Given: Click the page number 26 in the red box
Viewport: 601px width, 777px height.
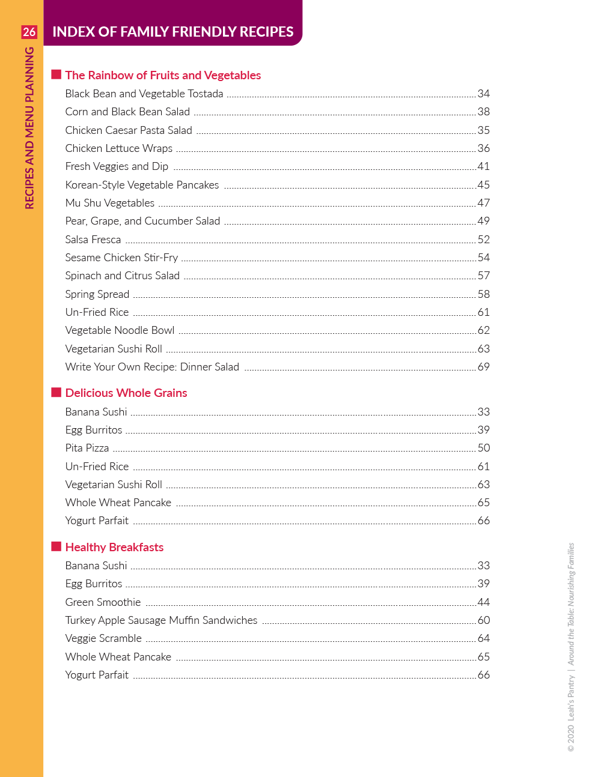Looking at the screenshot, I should (x=29, y=32).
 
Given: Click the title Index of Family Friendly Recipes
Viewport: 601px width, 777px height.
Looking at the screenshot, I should (x=172, y=32).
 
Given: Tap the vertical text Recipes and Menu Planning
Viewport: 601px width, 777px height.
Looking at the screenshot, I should (x=29, y=128).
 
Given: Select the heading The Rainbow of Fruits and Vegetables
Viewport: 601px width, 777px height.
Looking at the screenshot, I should (x=163, y=75).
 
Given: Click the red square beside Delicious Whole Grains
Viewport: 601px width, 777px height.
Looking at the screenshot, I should (x=56, y=392).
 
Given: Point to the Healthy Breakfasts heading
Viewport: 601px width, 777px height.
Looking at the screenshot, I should (x=114, y=547).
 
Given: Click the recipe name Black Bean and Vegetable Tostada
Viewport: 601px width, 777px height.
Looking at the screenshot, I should (x=144, y=94).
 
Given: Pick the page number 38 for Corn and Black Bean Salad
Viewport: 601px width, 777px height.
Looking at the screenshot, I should (x=484, y=112).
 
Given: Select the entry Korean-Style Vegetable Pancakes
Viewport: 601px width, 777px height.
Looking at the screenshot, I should (x=142, y=185).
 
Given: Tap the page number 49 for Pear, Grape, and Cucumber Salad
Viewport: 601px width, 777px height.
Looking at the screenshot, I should (x=484, y=221).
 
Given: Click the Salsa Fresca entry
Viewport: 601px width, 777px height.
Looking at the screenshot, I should (x=93, y=240).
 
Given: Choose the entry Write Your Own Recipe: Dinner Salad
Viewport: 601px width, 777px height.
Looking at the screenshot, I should (x=152, y=367).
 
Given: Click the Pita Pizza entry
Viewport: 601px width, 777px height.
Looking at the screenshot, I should (x=87, y=448).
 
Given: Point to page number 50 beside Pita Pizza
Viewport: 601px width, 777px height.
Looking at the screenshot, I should (x=484, y=448).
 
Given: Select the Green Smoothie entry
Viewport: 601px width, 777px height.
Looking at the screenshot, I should (x=103, y=602).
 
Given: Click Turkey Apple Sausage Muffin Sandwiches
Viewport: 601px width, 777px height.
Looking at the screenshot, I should (x=161, y=620).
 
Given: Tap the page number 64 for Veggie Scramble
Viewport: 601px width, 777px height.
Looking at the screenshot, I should (x=484, y=638).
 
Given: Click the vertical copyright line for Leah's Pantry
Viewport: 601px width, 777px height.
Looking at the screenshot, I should (x=571, y=647).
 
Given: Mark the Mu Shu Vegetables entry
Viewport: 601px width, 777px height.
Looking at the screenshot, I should (x=110, y=203).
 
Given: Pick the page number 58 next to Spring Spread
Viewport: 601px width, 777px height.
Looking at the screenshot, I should (x=484, y=294).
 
